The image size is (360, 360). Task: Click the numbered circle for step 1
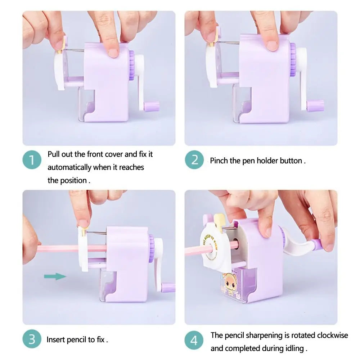[x=32, y=160]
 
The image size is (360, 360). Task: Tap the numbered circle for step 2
[x=194, y=160]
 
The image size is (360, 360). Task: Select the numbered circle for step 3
[x=32, y=339]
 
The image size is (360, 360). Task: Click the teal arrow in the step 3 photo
[x=55, y=276]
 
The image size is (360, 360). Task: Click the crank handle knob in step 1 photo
[x=152, y=106]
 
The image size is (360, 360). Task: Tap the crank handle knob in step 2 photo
[x=315, y=105]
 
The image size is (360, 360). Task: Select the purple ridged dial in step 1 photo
[x=131, y=65]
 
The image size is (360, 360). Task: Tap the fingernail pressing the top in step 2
[x=272, y=45]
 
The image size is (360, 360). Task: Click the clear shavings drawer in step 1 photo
[x=86, y=104]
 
